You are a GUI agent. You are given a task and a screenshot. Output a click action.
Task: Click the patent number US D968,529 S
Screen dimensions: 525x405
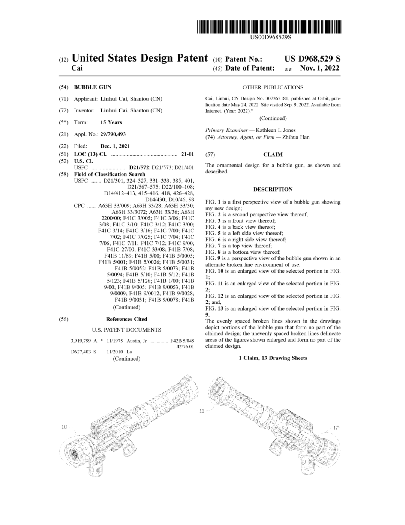click(312, 59)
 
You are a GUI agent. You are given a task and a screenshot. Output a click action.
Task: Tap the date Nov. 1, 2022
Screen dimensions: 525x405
click(319, 68)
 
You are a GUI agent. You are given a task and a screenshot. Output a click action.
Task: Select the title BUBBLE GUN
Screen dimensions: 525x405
click(93, 87)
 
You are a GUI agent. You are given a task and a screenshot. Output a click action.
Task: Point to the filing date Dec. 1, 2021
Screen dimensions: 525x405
click(115, 146)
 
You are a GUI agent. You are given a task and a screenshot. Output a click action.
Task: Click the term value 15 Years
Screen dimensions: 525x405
click(111, 122)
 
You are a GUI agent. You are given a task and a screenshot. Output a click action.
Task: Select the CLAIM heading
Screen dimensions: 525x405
click(273, 154)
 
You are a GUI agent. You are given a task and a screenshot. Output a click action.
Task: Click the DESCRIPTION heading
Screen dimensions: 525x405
click(273, 189)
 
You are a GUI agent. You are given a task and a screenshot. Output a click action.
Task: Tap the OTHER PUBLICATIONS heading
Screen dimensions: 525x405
click(273, 87)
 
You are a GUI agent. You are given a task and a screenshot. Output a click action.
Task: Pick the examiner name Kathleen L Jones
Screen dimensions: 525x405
click(276, 130)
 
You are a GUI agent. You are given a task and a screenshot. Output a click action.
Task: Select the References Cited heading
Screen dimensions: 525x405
click(126, 319)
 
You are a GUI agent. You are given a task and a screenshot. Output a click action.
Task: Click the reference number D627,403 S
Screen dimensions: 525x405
click(84, 352)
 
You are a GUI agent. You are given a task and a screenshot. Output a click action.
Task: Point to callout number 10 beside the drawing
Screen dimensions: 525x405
click(64, 427)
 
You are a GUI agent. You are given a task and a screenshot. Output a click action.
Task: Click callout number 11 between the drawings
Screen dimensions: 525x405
click(202, 411)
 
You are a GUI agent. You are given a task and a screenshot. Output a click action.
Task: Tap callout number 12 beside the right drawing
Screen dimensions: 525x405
click(336, 428)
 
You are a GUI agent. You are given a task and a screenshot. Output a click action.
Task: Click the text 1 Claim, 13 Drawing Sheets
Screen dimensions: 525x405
click(273, 358)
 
